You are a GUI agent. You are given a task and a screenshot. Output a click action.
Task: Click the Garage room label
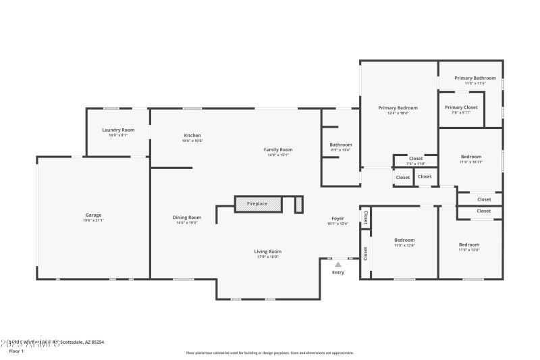pos(93,215)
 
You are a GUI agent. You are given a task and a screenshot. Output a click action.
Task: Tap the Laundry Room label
pos(118,130)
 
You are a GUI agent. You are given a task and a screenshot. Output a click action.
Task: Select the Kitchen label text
pos(192,135)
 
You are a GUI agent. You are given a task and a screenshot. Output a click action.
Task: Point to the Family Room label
pos(277,149)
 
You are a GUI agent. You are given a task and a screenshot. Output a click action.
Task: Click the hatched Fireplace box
pos(258,203)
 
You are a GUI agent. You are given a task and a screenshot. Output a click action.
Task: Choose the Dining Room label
pos(186,217)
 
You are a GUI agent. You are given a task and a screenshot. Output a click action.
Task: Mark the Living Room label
pos(267,251)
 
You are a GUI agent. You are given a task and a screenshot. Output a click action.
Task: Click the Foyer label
pos(338,218)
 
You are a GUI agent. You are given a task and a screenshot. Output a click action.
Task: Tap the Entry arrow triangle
pos(338,264)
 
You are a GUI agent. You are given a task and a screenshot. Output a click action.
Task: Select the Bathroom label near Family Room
pos(341,145)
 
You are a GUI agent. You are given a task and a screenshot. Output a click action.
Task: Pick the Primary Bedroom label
pos(398,107)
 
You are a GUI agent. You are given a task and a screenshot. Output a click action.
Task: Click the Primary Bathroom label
pos(475,78)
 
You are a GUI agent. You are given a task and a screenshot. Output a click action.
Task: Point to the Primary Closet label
pos(462,107)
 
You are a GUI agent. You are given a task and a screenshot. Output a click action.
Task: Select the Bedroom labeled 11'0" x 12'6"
pos(469,251)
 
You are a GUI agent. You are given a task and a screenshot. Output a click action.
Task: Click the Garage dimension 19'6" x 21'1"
pos(93,220)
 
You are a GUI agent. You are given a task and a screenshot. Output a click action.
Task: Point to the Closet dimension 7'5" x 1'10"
pos(415,163)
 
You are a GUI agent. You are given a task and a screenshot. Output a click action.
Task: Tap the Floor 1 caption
pos(16,351)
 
